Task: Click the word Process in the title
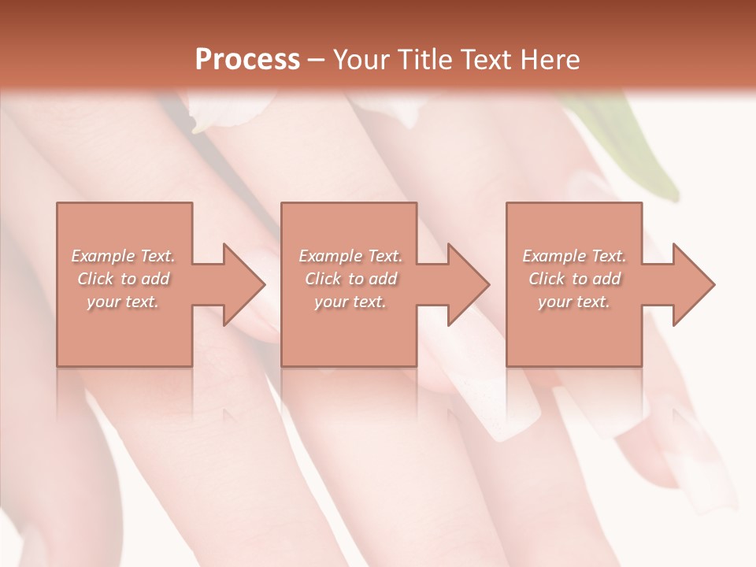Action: [x=247, y=60]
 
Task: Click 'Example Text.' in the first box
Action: [x=123, y=256]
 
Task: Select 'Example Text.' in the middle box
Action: [x=350, y=256]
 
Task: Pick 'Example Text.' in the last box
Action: [x=574, y=256]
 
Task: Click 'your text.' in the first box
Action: [x=123, y=302]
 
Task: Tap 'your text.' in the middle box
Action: [x=350, y=302]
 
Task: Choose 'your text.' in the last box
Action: [x=574, y=302]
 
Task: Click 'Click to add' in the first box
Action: [x=123, y=279]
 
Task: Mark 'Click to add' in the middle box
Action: [x=350, y=279]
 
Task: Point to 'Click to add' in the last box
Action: [x=574, y=279]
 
